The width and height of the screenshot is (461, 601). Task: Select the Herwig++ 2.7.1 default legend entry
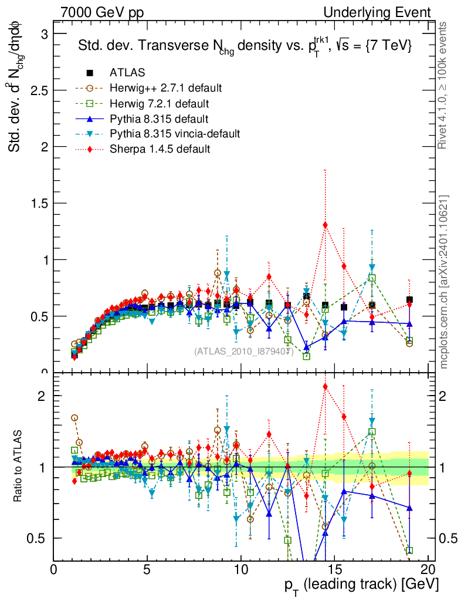click(165, 88)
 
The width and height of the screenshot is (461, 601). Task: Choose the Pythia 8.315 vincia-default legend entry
click(175, 134)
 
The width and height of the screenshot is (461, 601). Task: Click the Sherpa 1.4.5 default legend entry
click(160, 149)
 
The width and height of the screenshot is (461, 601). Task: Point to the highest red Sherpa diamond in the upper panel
click(325, 225)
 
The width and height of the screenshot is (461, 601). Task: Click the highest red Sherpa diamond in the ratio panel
click(325, 386)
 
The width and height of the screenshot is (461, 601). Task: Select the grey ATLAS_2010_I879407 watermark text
click(243, 352)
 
